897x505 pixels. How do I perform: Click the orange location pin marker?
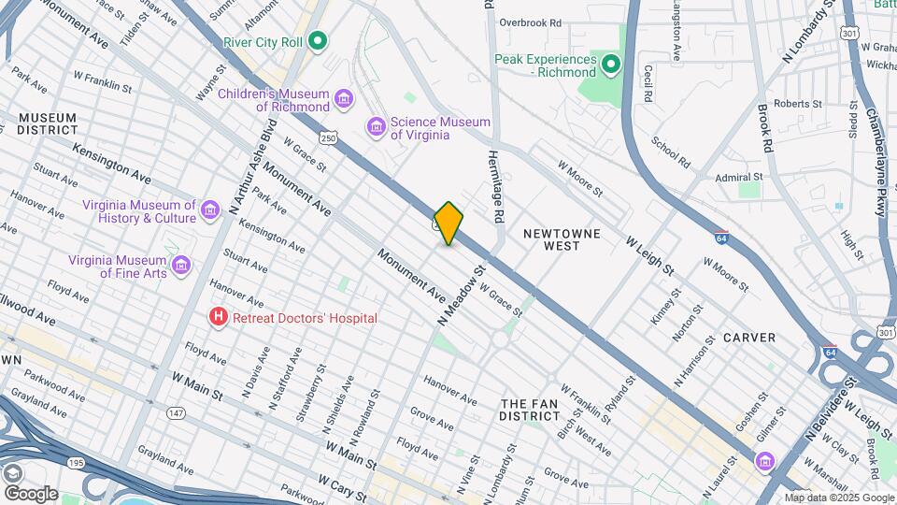(448, 224)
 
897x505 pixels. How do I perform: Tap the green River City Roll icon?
(318, 41)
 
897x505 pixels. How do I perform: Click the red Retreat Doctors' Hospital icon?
(219, 318)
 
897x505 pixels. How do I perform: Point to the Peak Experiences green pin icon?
(611, 65)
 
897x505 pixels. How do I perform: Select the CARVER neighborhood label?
(748, 338)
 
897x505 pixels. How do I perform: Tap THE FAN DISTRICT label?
(529, 409)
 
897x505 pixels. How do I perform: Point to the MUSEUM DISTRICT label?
(46, 123)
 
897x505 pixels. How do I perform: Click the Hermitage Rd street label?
(498, 188)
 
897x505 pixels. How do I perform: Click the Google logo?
(31, 493)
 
